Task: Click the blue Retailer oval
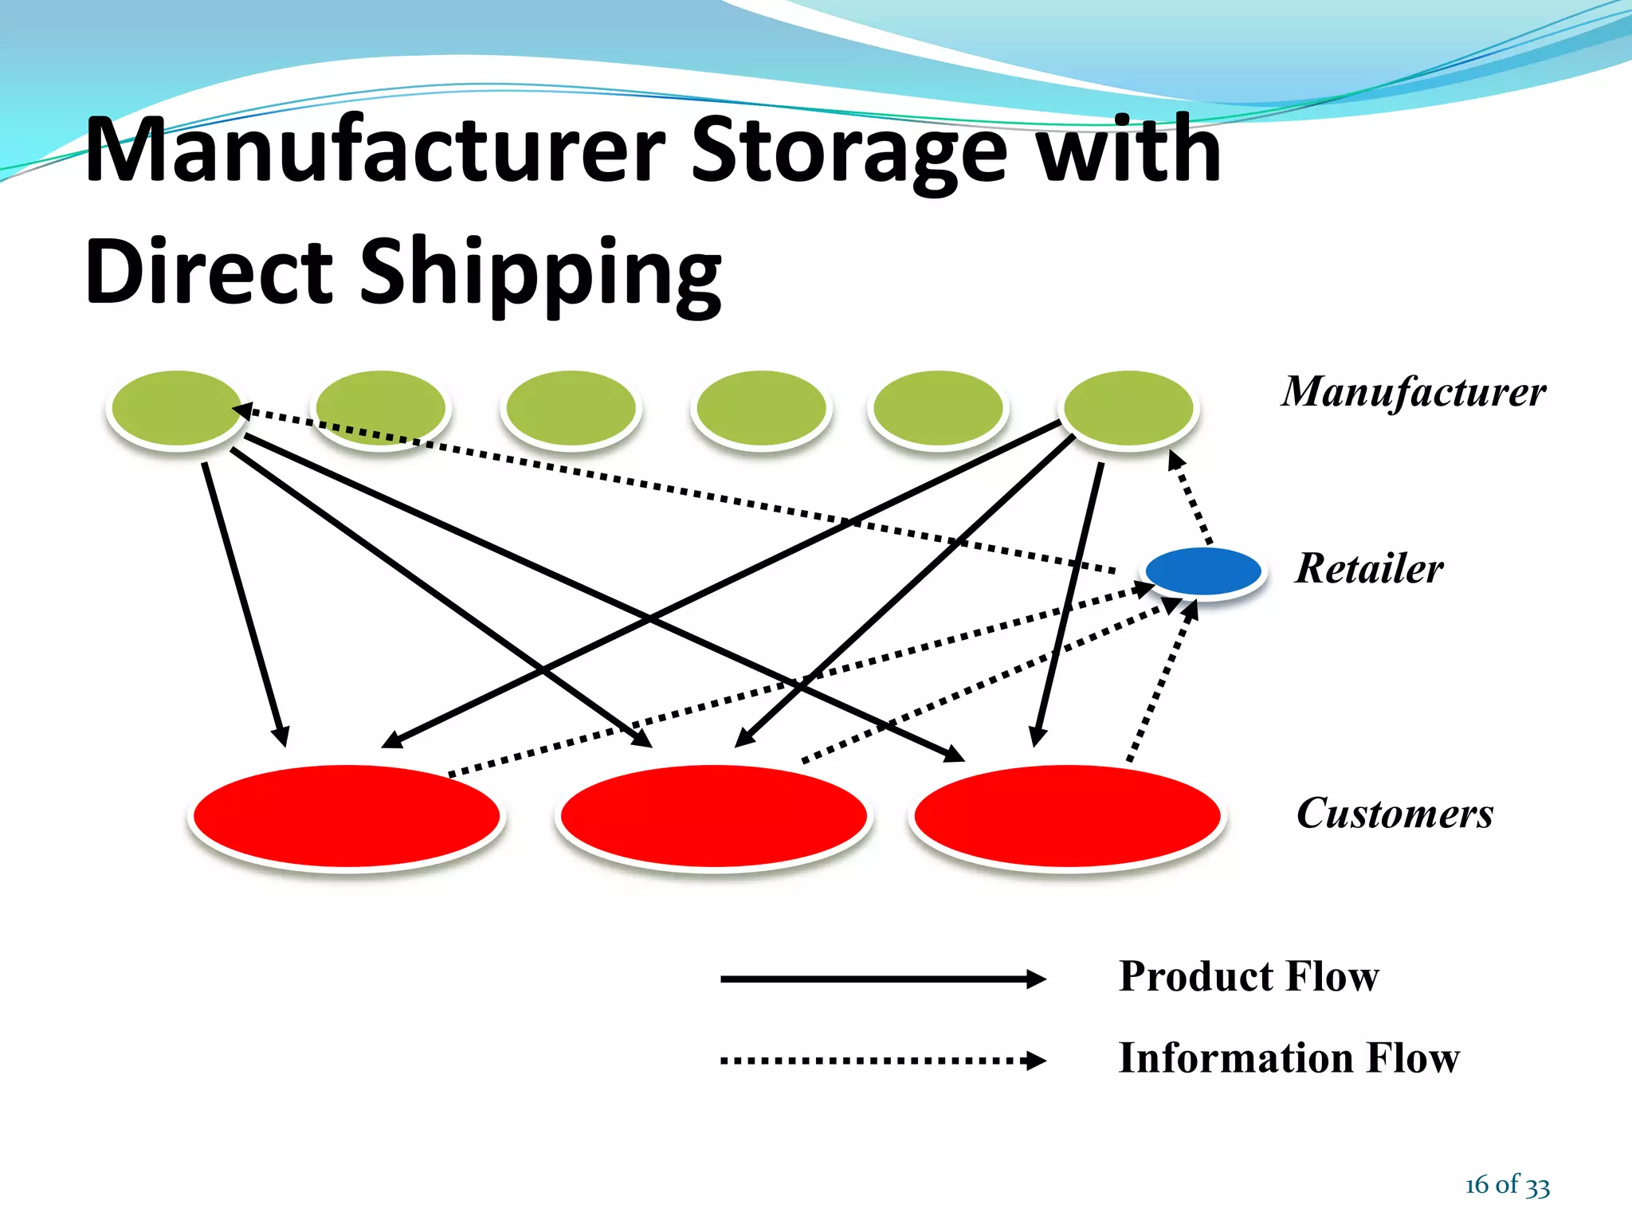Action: point(1203,571)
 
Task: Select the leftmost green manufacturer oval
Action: point(176,408)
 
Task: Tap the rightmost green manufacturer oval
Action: point(1128,408)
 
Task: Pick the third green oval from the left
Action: point(571,408)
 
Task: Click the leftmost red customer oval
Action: point(347,815)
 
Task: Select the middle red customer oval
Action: point(713,815)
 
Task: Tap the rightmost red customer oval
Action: point(1067,815)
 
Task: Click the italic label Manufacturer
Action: point(1413,392)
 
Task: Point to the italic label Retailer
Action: point(1368,569)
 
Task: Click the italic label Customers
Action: point(1394,814)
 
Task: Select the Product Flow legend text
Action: point(1248,976)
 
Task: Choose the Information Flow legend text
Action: point(1289,1058)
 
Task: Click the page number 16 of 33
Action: point(1507,1185)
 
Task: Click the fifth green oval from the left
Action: point(938,408)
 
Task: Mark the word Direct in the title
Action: point(209,272)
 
